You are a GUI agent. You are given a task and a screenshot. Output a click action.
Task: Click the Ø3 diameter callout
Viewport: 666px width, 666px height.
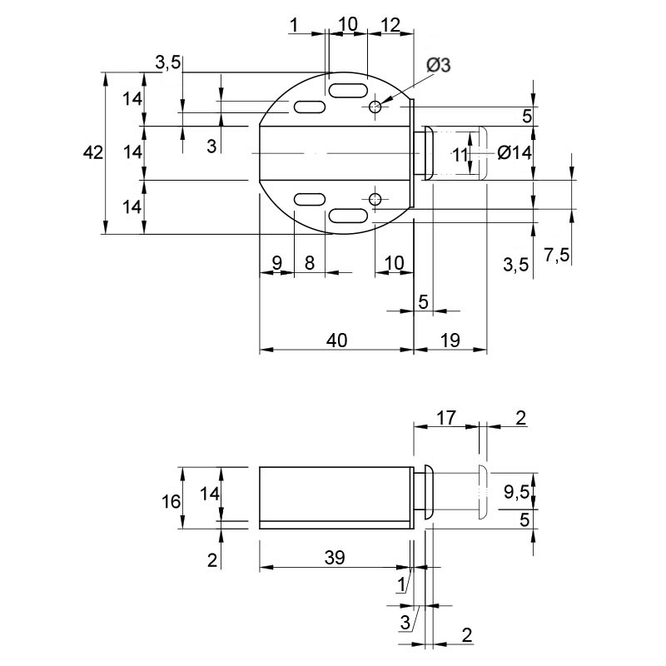439,65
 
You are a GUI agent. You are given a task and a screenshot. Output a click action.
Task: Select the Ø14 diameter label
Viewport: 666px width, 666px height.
514,152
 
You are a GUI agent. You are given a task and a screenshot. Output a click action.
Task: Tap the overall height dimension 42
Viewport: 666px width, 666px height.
93,152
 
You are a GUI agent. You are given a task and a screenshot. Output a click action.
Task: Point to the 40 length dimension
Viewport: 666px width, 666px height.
337,340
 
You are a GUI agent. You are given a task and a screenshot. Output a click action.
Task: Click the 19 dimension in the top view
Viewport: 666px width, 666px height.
450,340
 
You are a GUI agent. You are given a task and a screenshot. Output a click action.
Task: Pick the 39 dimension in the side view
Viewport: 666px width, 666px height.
335,557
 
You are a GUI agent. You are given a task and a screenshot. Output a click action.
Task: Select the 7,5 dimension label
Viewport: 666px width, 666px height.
556,255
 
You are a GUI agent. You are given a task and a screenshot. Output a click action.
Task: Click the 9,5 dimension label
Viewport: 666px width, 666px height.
516,492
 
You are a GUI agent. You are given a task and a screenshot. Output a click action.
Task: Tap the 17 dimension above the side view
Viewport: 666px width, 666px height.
446,418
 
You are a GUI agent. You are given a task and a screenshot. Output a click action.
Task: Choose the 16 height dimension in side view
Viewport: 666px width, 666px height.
171,502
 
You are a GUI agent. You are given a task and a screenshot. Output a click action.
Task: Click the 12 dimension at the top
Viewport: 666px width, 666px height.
390,26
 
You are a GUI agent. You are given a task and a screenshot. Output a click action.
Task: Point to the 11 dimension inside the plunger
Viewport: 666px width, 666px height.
460,155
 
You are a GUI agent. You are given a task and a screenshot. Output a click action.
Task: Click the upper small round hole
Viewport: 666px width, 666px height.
375,107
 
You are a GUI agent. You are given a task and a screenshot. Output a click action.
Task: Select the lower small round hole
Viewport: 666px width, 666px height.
375,198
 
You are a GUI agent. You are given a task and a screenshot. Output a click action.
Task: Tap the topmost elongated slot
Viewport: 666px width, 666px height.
348,91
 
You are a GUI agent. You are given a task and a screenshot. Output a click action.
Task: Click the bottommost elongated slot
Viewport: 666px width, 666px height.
348,216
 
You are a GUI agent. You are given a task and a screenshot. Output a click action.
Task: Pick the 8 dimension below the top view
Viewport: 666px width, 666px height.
310,263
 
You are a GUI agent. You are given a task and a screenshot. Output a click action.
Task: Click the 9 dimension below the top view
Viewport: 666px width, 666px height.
276,263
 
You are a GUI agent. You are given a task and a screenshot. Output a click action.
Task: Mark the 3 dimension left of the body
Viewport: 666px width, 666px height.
211,147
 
